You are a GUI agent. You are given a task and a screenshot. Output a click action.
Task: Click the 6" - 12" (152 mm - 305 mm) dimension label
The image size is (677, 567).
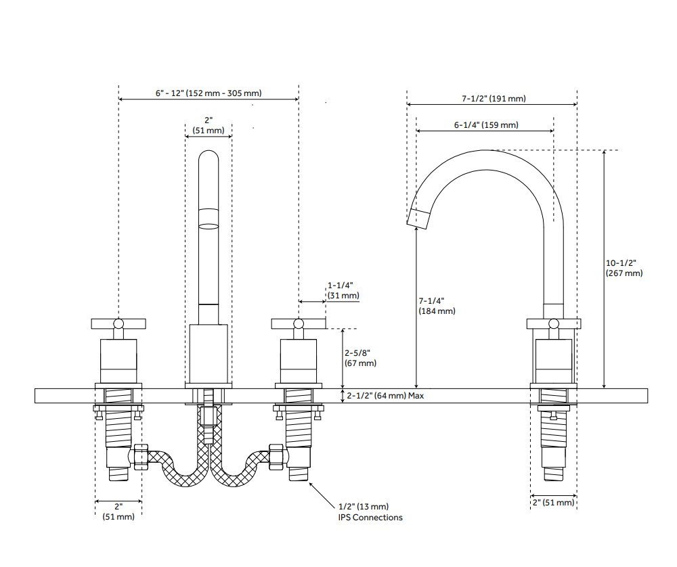[x=209, y=93]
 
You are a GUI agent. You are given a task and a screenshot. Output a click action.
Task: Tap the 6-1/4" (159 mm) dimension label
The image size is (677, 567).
[x=486, y=125]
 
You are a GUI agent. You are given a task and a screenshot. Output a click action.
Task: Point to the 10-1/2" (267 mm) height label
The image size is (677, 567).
[x=624, y=268]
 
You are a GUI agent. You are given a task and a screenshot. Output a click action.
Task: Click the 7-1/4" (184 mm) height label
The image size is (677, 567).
[x=437, y=305]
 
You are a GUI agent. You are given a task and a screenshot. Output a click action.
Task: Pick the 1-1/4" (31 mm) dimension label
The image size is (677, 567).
[x=343, y=290]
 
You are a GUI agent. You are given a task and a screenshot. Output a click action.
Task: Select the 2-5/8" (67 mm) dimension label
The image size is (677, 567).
[x=359, y=358]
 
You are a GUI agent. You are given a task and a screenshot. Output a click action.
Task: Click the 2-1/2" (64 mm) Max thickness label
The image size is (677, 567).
[x=385, y=396]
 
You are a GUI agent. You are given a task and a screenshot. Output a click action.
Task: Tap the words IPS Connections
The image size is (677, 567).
[x=370, y=518]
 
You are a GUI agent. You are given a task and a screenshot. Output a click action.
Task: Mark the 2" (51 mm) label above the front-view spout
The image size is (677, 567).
[x=209, y=125]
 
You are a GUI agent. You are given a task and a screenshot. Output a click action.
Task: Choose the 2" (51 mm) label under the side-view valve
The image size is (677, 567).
[x=553, y=503]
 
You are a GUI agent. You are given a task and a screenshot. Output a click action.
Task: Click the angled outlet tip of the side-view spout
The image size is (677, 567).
[x=419, y=218]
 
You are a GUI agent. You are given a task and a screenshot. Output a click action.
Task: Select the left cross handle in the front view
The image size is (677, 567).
[x=118, y=323]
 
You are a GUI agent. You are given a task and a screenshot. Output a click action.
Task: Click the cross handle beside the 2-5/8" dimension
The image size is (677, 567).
[x=298, y=323]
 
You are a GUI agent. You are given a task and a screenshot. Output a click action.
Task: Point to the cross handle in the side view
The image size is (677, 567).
[x=553, y=323]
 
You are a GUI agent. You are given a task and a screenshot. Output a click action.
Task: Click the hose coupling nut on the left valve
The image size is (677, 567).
[x=141, y=457]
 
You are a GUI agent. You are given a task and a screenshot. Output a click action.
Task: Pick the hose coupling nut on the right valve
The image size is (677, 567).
[x=276, y=457]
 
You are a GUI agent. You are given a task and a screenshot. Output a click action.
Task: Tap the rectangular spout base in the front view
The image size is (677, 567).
[x=209, y=353]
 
